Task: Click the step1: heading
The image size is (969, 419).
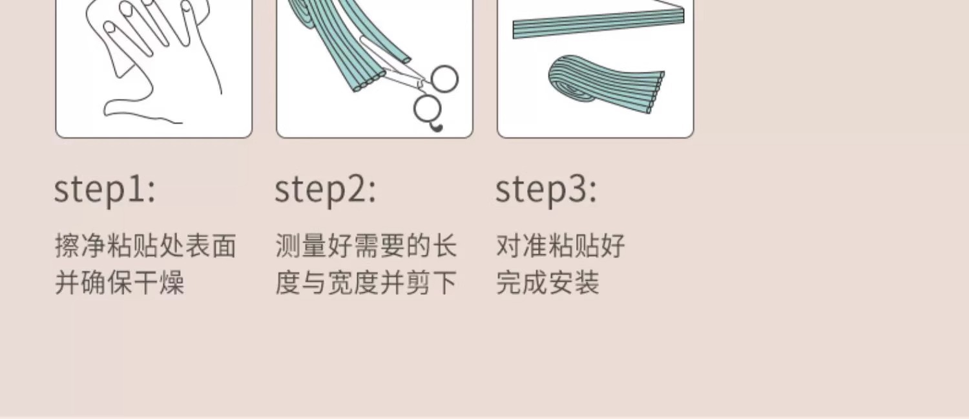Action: click(105, 191)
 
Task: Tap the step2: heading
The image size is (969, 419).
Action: click(326, 191)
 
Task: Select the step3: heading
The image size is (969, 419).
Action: click(546, 191)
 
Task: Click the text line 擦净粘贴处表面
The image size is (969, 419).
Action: click(145, 246)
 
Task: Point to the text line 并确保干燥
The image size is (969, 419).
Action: click(120, 283)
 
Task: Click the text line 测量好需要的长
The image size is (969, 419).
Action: click(366, 246)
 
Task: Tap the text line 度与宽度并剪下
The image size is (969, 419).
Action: click(366, 283)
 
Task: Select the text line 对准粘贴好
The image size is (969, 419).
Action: click(560, 246)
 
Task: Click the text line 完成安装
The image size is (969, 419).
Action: click(548, 283)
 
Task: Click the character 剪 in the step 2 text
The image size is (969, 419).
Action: click(418, 283)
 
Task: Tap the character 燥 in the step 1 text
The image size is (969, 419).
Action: click(171, 283)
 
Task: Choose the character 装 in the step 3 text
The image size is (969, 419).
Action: click(587, 283)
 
